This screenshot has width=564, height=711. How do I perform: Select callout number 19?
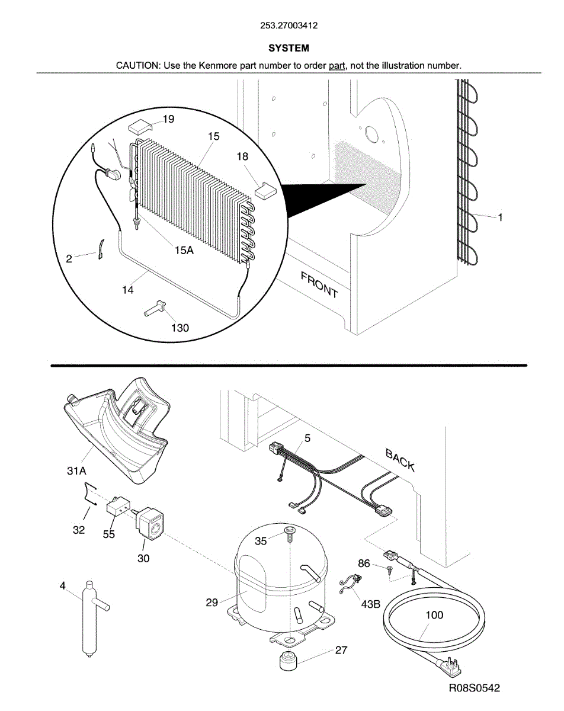168,120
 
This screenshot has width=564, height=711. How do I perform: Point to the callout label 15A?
184,250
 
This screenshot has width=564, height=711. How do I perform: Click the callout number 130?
179,327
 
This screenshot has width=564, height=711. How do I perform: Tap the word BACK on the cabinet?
400,460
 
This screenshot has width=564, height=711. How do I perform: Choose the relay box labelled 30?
153,523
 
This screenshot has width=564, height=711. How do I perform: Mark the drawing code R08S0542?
474,688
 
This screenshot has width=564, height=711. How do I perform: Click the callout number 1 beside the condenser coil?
500,217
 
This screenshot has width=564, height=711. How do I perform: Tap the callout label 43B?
370,604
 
